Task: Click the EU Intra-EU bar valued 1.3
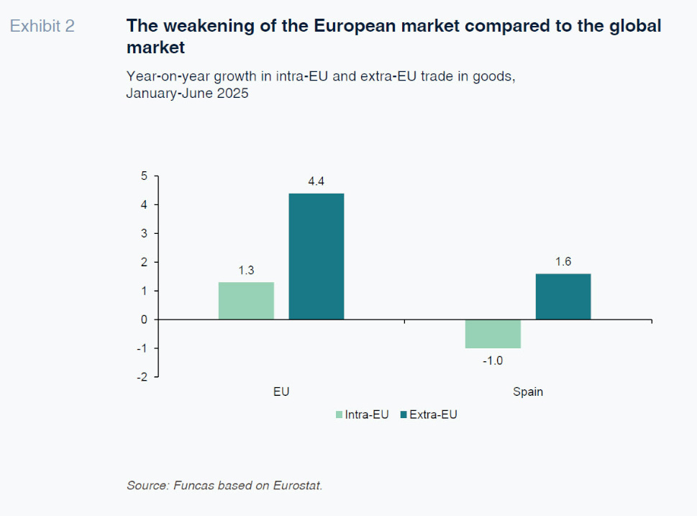click(x=246, y=301)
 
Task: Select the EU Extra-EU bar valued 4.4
click(x=316, y=256)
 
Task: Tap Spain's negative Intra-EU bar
click(x=493, y=334)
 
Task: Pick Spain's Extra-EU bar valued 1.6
click(x=563, y=297)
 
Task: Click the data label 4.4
click(x=316, y=182)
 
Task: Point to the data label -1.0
click(x=493, y=361)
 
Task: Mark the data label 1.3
click(x=246, y=271)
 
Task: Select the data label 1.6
click(x=563, y=262)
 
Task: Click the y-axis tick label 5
click(x=144, y=176)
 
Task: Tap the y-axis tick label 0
click(x=144, y=320)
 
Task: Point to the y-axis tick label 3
click(x=144, y=234)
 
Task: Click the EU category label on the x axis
click(x=281, y=392)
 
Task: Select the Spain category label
click(x=528, y=392)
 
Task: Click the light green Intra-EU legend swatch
click(x=339, y=415)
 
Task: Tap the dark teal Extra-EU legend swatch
click(x=404, y=415)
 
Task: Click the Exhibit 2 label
click(x=42, y=27)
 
